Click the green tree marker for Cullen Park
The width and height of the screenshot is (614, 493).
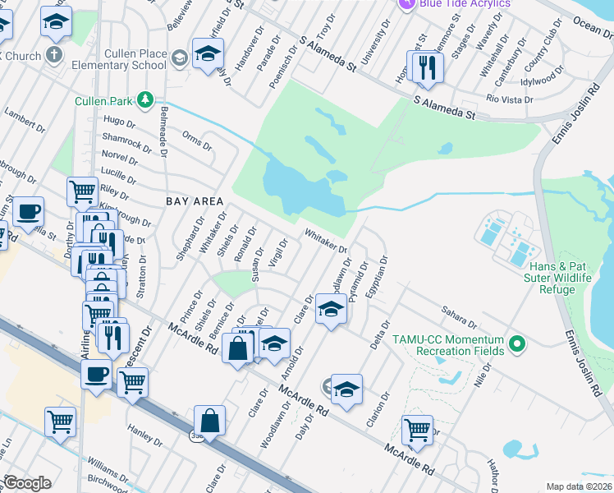click(146, 99)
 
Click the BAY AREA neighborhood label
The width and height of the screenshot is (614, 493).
click(195, 200)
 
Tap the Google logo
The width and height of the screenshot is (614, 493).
click(27, 482)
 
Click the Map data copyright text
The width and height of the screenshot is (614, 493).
click(580, 486)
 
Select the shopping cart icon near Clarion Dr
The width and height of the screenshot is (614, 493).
click(417, 429)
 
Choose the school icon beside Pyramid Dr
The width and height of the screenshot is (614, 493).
click(331, 311)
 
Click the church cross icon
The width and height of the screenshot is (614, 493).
click(54, 56)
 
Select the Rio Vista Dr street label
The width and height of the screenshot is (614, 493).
click(510, 99)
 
